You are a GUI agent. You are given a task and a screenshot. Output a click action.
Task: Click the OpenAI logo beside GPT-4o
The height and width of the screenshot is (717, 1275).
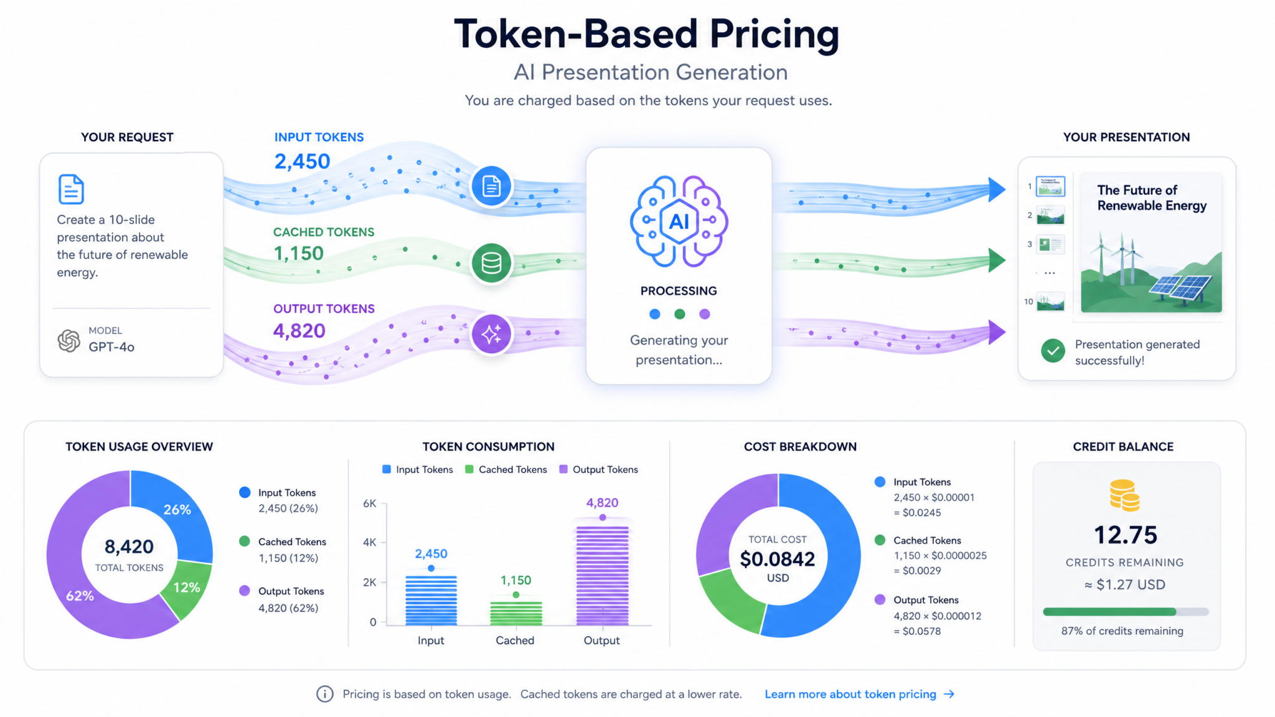click(x=69, y=340)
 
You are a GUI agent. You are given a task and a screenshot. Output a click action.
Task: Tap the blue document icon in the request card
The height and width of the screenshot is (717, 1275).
click(x=71, y=189)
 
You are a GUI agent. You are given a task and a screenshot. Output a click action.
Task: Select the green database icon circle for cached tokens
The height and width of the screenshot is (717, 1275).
click(x=491, y=263)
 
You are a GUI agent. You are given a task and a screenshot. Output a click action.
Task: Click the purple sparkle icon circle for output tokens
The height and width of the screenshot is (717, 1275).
click(x=491, y=334)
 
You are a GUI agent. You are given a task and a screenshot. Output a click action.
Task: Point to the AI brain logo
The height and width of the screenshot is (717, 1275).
click(x=679, y=221)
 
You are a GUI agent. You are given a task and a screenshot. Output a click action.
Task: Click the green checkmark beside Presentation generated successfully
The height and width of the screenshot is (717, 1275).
click(x=1053, y=351)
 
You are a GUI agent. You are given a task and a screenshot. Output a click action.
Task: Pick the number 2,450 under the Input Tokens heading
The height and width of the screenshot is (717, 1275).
click(x=303, y=162)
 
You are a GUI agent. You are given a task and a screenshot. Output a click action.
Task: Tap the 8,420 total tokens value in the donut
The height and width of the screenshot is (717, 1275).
click(x=129, y=546)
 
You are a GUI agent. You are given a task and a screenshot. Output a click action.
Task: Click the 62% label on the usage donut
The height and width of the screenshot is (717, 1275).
click(x=80, y=596)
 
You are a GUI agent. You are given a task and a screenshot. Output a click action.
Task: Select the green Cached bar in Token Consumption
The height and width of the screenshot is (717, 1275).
click(x=516, y=612)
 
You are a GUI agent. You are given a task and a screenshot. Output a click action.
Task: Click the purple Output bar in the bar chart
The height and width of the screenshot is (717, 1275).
click(x=602, y=576)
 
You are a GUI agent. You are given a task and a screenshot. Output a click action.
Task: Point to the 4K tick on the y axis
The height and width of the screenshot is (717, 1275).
click(x=370, y=542)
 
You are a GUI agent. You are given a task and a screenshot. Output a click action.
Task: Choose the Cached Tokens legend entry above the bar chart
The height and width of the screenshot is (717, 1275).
click(x=506, y=469)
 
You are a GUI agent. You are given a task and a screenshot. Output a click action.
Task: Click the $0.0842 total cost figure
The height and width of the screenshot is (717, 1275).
click(x=778, y=559)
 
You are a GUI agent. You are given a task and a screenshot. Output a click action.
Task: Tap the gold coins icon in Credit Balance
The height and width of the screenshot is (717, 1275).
click(x=1124, y=495)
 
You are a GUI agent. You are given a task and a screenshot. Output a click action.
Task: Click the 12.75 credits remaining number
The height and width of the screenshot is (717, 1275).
click(x=1126, y=535)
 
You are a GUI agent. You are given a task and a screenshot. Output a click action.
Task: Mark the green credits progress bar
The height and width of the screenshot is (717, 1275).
click(x=1109, y=612)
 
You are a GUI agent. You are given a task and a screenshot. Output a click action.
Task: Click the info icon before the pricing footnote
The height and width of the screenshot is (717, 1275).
click(x=324, y=694)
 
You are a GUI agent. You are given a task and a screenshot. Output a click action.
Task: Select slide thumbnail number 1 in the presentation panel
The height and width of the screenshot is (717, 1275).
click(x=1050, y=186)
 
